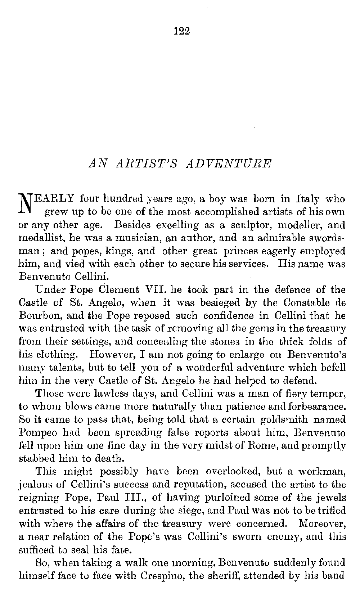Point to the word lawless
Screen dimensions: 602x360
(100, 394)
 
